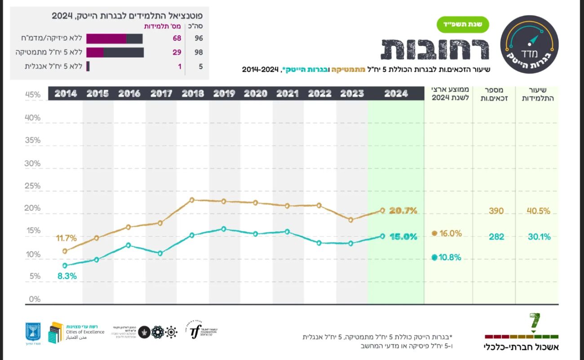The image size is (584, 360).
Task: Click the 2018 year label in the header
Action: [x=193, y=93]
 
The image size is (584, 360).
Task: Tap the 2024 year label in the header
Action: [x=396, y=93]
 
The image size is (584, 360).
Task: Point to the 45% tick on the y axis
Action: [x=32, y=95]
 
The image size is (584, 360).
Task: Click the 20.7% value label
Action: [x=403, y=210]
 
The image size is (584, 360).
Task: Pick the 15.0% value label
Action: [x=403, y=236]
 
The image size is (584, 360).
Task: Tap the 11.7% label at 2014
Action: [x=66, y=238]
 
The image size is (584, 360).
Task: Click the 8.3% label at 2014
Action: [x=67, y=276]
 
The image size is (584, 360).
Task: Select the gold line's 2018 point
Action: [x=192, y=200]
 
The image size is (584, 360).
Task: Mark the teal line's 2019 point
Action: [x=224, y=229]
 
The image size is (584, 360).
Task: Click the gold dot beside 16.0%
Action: [x=434, y=233]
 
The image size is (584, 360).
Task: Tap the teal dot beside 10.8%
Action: [x=434, y=258]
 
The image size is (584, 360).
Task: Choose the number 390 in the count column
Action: [x=496, y=211]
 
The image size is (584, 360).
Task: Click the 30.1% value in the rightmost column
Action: [x=539, y=237]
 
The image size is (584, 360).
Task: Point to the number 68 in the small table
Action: [x=177, y=38]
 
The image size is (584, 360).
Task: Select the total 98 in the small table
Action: [x=199, y=52]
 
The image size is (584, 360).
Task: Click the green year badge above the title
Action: [x=463, y=25]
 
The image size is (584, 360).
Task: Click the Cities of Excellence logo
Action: [x=76, y=332]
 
